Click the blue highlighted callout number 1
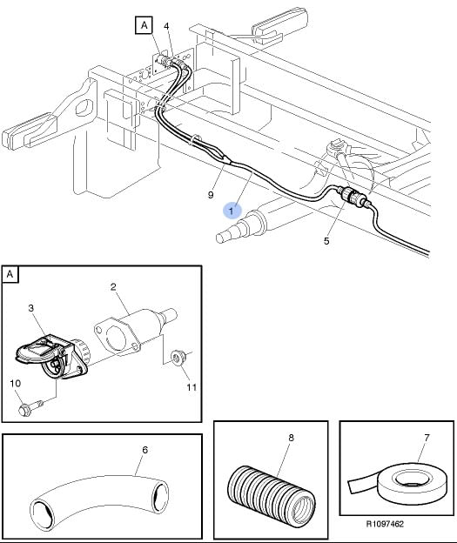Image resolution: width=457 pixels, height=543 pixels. click(232, 211)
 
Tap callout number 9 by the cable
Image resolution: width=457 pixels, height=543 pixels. click(211, 195)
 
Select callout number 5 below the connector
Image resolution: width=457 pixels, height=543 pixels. click(326, 241)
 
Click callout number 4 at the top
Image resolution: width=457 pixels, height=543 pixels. click(166, 26)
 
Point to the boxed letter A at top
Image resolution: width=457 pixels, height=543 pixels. click(144, 25)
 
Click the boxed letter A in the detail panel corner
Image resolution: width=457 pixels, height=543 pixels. click(10, 274)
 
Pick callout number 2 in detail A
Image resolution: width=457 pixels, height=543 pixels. click(113, 287)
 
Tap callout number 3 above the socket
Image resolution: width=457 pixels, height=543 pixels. click(31, 308)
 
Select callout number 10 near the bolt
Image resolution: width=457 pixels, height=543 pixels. click(16, 384)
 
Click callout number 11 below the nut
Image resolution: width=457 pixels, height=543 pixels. click(192, 387)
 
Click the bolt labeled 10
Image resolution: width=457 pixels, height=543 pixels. click(30, 407)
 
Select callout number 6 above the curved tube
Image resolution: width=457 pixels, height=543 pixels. click(145, 450)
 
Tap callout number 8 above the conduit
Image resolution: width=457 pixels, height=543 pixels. click(291, 438)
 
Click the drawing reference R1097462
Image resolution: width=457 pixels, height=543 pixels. click(385, 524)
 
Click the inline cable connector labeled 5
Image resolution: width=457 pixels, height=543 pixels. click(350, 196)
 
